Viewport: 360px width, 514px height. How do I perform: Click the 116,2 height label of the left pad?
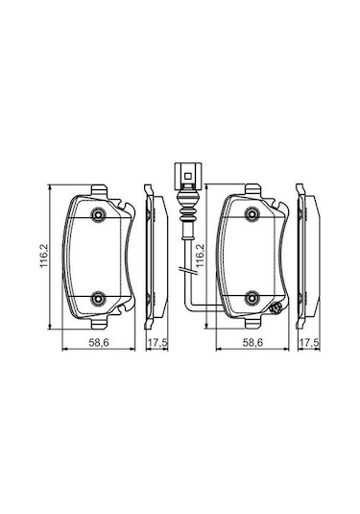click(44, 256)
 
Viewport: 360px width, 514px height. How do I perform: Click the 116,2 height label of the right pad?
click(200, 256)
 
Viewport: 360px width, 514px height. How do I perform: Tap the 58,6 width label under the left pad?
click(99, 343)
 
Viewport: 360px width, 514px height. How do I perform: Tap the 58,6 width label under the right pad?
click(252, 343)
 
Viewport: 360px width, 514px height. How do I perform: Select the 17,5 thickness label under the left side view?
click(157, 343)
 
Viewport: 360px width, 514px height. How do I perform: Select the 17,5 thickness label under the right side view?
click(309, 343)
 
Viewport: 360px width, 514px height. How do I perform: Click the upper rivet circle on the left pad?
click(98, 214)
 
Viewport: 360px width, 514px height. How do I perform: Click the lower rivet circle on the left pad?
click(98, 298)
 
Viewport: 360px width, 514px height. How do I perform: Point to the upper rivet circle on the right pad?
click(252, 214)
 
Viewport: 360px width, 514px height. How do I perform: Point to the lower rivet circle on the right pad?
click(252, 298)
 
